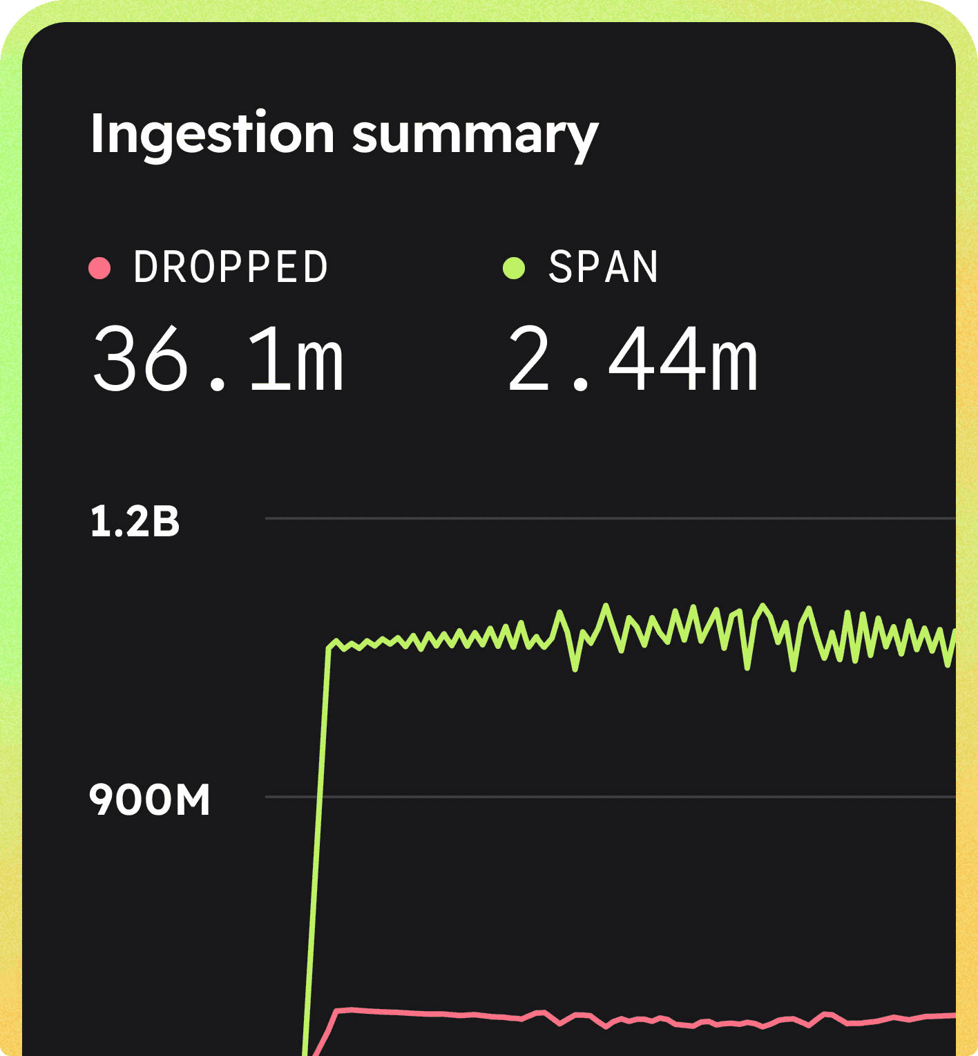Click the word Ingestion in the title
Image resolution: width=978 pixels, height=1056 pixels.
click(x=212, y=134)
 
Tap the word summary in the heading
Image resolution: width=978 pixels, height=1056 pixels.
click(x=475, y=134)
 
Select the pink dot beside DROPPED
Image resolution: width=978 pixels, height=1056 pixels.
click(x=99, y=267)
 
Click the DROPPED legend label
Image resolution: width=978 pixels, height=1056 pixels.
click(x=231, y=267)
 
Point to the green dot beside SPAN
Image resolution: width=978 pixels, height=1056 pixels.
click(x=514, y=267)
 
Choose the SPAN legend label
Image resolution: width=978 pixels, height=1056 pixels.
click(x=603, y=267)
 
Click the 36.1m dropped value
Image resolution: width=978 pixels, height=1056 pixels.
click(x=218, y=359)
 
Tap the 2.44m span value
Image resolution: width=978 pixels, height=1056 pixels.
click(x=633, y=359)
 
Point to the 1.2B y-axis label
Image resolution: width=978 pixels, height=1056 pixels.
click(x=135, y=521)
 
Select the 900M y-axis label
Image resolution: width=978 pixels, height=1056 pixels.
click(x=149, y=800)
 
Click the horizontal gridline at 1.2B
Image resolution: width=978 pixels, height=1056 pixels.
click(x=608, y=518)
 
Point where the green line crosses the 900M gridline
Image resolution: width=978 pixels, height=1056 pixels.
click(x=319, y=797)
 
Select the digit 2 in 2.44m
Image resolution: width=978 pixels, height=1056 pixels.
click(x=528, y=359)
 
